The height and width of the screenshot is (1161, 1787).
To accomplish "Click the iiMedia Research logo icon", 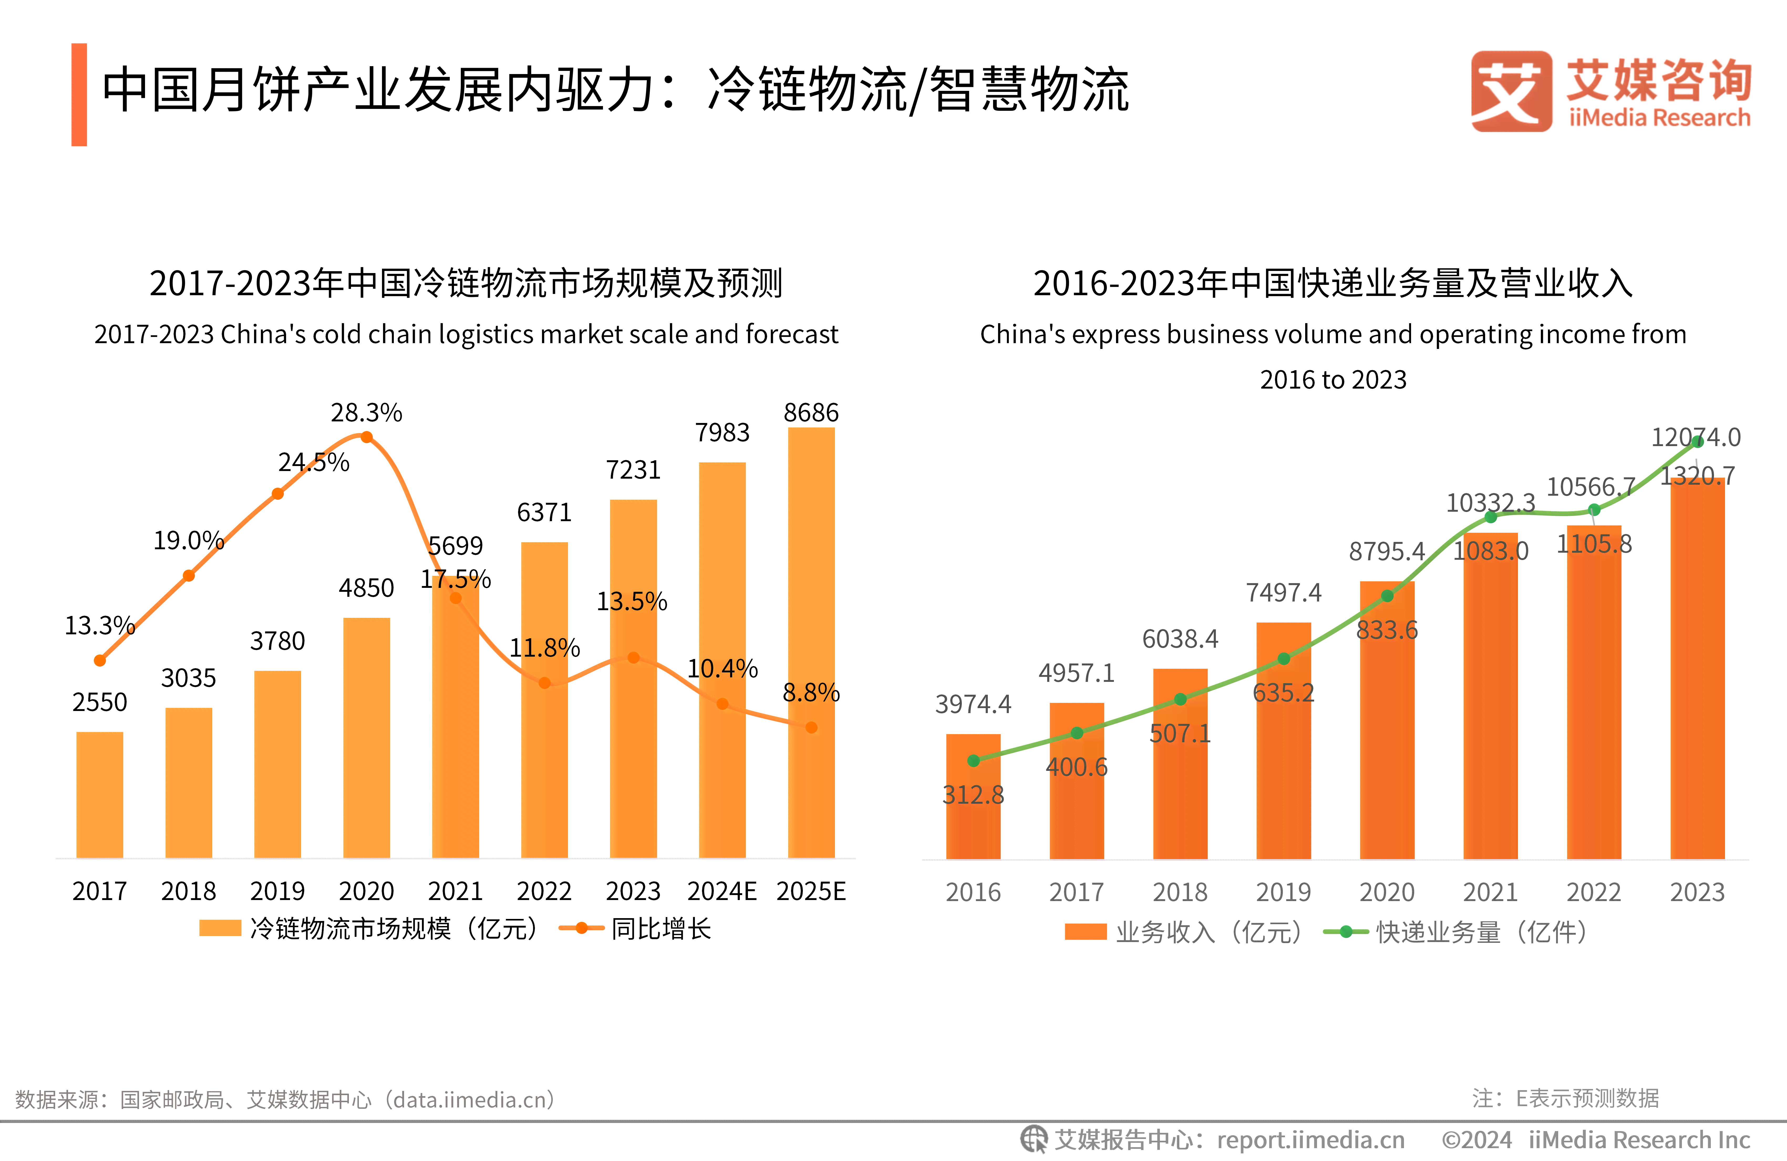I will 1511,92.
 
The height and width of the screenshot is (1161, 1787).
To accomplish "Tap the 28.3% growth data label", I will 366,413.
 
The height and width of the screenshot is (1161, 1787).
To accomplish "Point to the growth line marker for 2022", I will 544,683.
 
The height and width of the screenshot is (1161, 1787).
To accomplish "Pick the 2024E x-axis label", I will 722,891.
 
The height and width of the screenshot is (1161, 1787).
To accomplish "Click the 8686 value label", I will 811,413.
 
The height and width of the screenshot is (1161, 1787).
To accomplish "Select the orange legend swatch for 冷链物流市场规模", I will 220,928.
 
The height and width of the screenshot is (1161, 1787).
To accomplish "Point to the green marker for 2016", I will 973,761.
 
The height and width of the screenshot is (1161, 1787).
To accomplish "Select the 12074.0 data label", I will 1695,437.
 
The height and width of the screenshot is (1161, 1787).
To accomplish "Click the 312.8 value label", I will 973,795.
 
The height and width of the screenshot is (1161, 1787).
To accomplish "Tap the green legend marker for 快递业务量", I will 1346,932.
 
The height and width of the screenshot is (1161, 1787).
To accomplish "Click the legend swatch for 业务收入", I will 1085,932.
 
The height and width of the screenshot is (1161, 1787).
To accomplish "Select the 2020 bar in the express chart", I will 1387,720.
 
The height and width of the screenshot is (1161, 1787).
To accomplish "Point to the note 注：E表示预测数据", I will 1566,1098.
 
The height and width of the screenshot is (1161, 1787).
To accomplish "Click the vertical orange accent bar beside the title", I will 79,95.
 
